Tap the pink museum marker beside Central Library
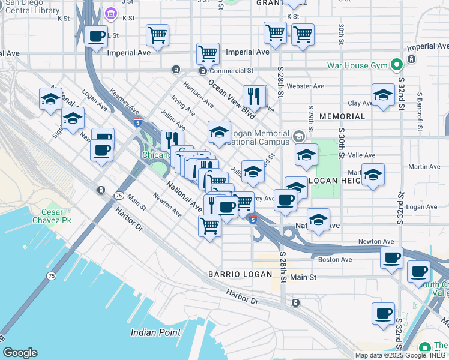tap(110, 13)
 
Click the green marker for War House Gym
tap(396, 64)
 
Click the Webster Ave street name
tap(305, 86)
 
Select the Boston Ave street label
tap(334, 260)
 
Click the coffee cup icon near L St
tap(96, 37)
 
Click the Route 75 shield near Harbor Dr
tap(119, 196)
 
